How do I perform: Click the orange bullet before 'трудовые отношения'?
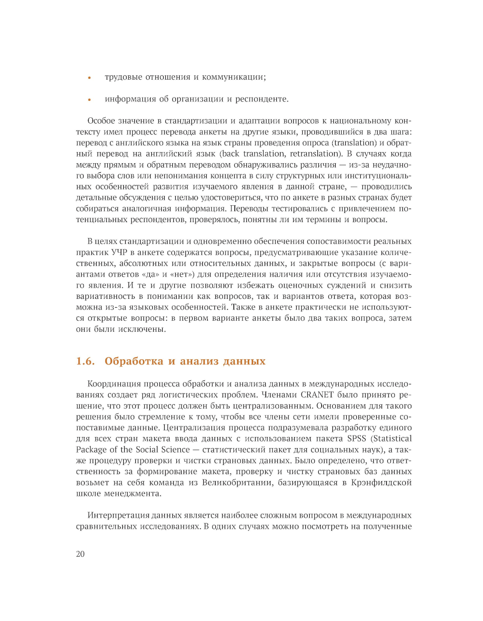coord(89,78)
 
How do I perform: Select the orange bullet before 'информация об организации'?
coord(89,100)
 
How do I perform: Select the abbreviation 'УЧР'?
coord(119,253)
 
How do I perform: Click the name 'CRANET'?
coord(317,395)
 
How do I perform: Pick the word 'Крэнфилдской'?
coord(382,483)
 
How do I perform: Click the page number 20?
coord(80,554)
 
